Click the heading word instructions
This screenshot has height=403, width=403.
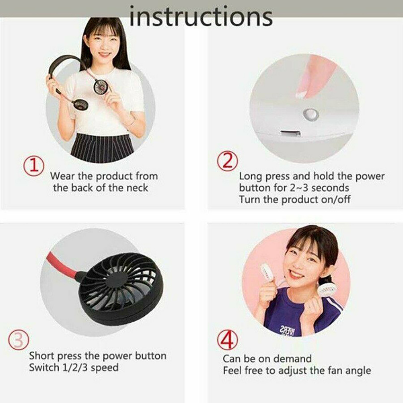201,16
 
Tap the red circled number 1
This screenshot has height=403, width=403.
34,166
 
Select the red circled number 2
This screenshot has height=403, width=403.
227,161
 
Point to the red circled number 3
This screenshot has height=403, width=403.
19,340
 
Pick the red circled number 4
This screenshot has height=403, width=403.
228,340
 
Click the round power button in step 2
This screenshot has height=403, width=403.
311,114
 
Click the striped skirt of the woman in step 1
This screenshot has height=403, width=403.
102,148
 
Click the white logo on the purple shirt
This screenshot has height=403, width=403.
288,330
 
